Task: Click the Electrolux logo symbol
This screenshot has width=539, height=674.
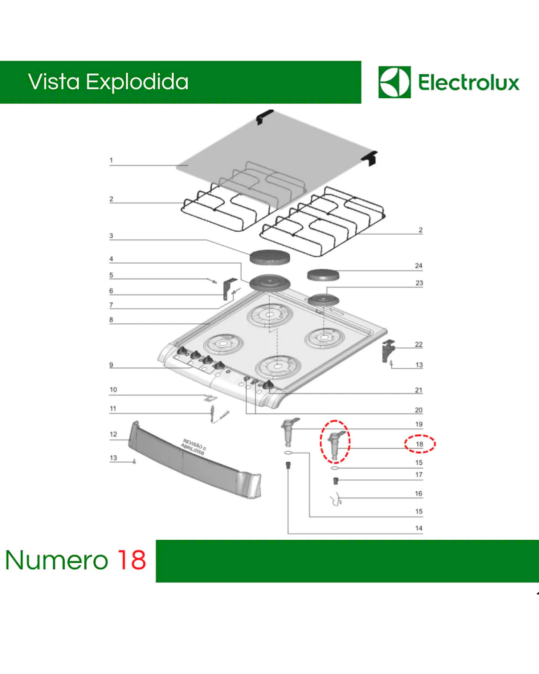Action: coord(395,82)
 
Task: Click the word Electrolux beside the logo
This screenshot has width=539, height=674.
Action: coord(469,82)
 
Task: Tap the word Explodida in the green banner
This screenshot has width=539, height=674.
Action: coord(137,82)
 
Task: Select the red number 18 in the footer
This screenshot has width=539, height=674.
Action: coord(132,560)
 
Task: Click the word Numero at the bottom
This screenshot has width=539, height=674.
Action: coord(57,560)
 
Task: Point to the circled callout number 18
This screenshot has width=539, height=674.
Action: coord(420,444)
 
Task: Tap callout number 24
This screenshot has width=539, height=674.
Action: coord(418,266)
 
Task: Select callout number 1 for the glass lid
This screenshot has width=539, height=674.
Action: coord(111,160)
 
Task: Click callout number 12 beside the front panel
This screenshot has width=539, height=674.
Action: coord(113,434)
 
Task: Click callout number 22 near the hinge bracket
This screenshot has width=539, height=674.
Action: coord(419,344)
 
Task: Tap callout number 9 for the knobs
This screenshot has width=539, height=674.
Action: coord(111,365)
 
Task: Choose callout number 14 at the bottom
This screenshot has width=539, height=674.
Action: coord(419,528)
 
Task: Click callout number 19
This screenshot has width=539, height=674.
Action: coord(419,424)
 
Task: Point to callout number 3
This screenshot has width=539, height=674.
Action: coord(111,236)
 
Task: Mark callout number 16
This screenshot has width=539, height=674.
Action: coord(418,494)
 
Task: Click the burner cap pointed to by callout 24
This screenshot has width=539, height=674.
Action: coord(323,275)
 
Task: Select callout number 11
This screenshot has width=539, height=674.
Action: coord(113,409)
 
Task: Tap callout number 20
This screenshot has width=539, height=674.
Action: coord(418,410)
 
